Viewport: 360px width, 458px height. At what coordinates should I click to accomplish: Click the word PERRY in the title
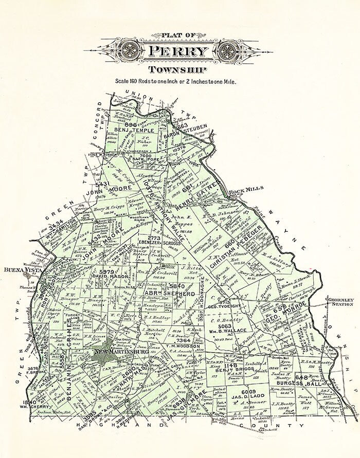(179, 51)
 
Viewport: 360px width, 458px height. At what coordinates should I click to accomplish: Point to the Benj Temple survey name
(135, 130)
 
